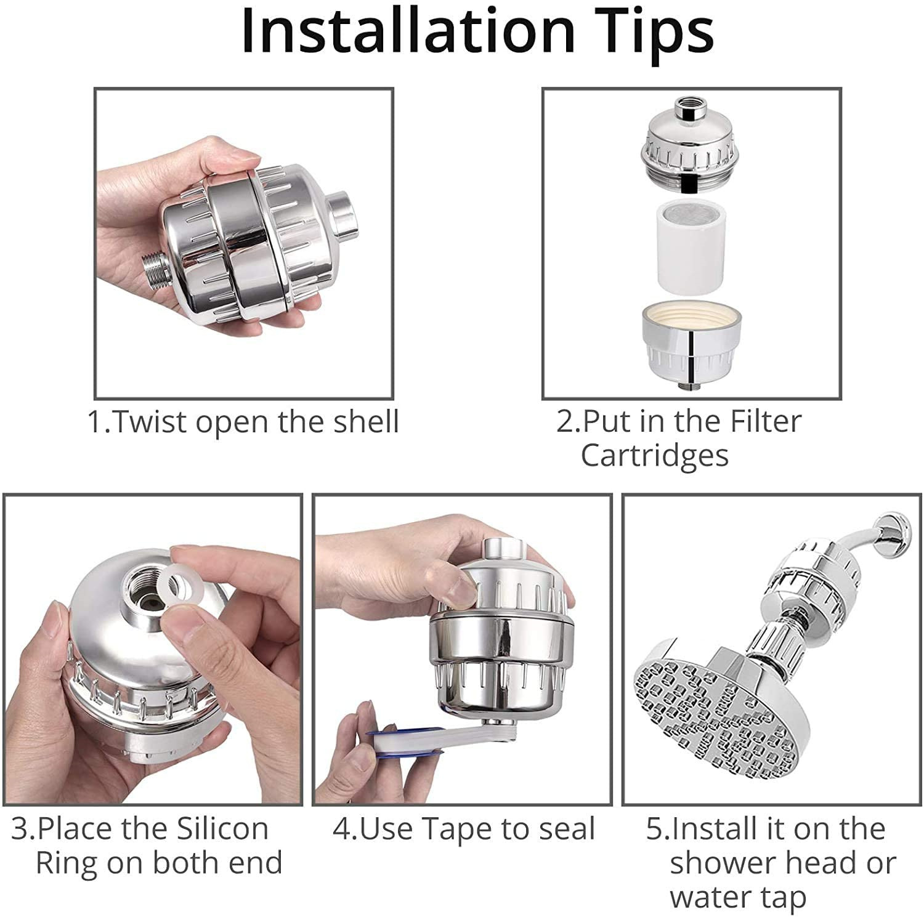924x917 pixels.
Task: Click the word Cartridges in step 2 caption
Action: (654, 456)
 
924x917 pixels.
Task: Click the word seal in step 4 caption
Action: (567, 829)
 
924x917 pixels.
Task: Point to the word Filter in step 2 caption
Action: (766, 422)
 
